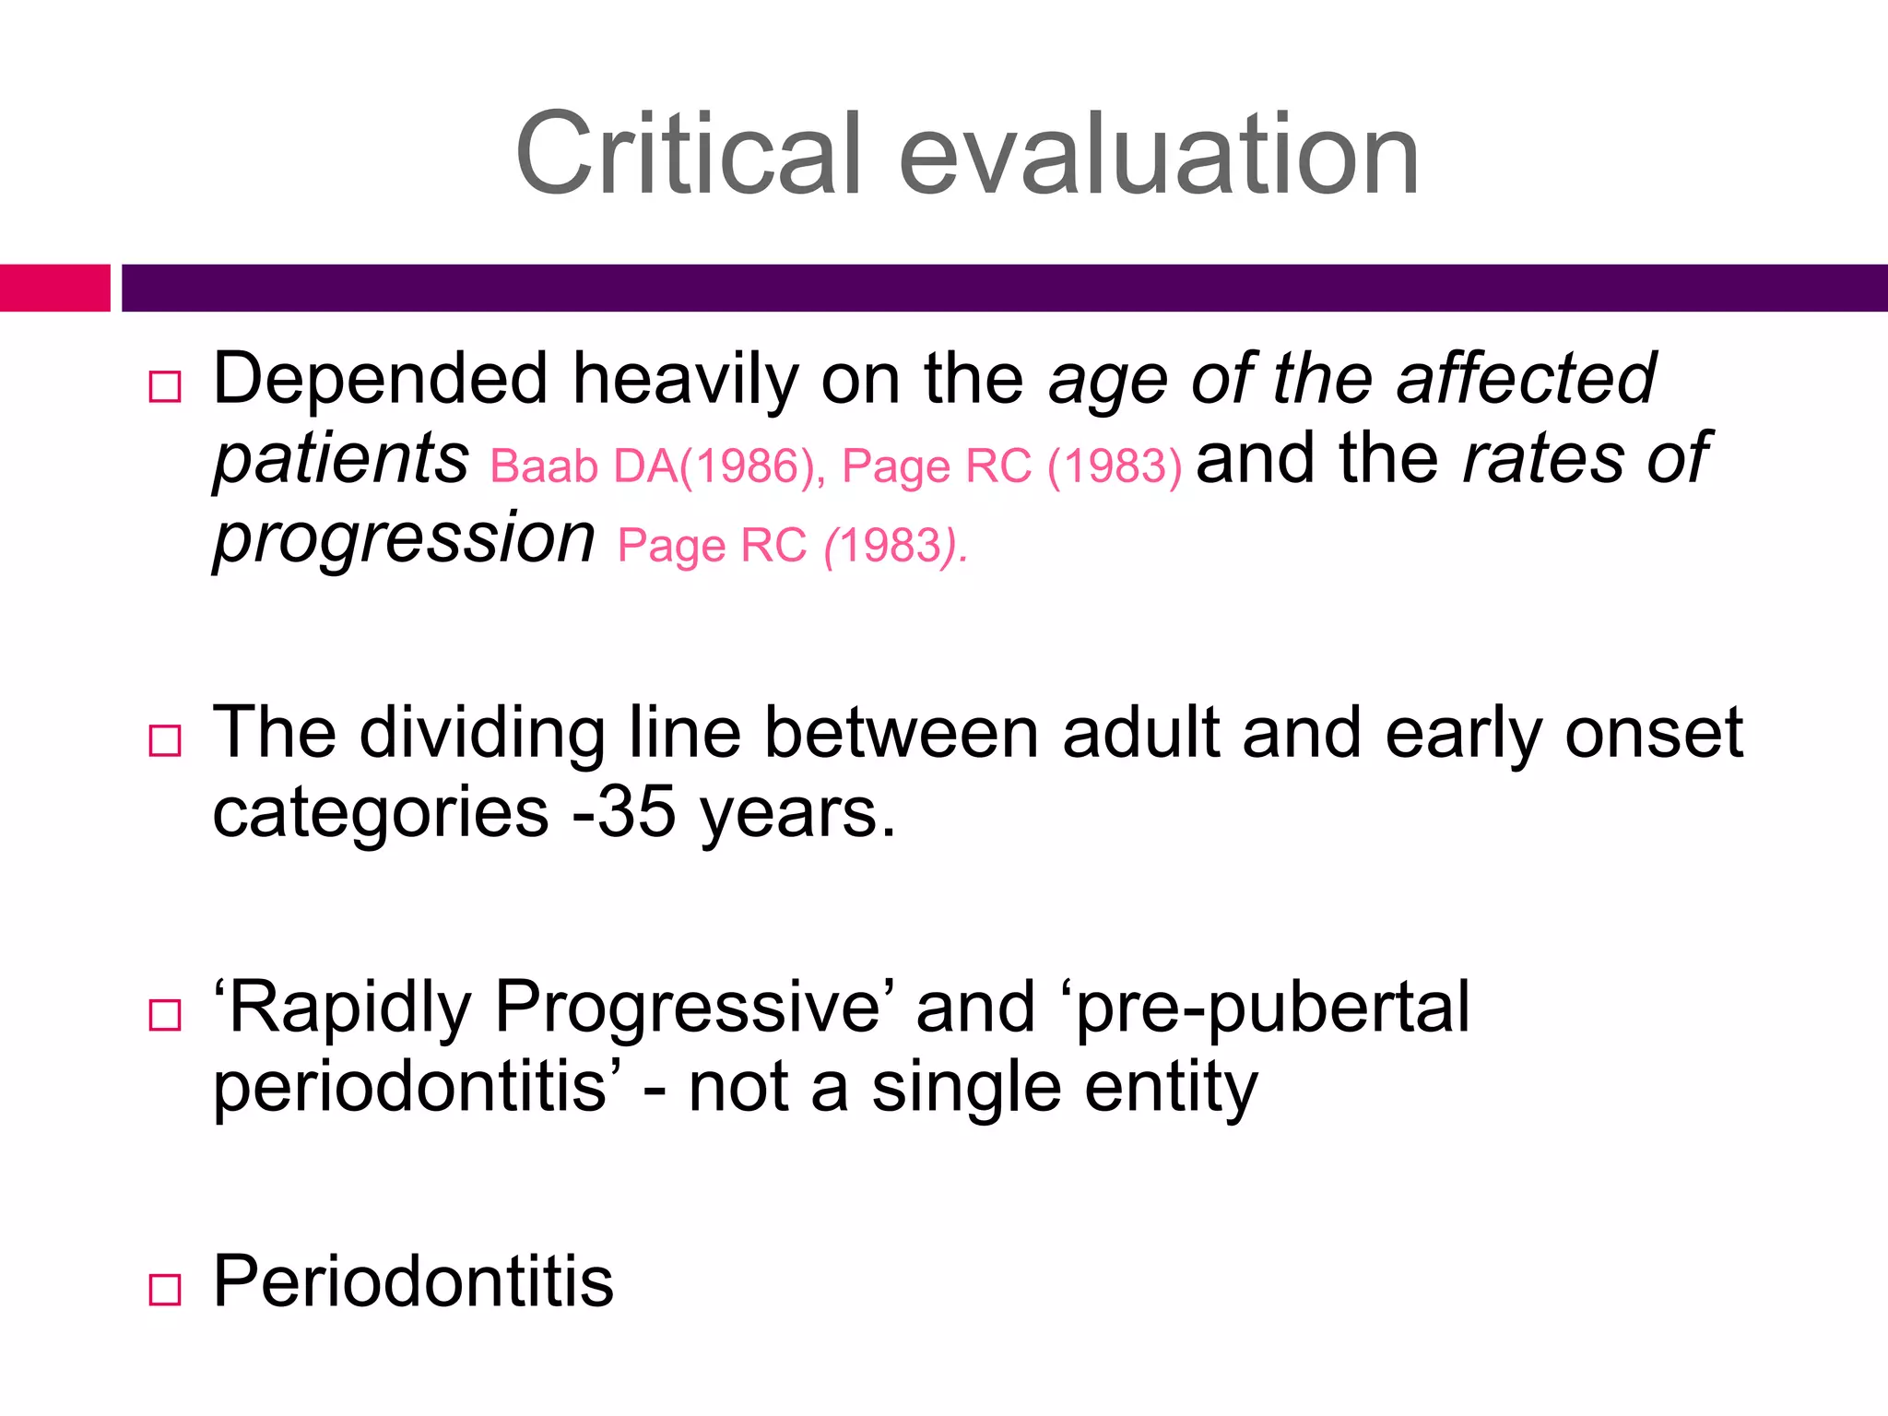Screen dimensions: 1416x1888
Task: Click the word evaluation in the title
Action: pyautogui.click(x=1158, y=155)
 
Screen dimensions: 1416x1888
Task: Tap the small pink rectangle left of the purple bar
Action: pyautogui.click(x=54, y=288)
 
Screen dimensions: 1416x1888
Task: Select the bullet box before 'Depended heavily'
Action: pyautogui.click(x=165, y=387)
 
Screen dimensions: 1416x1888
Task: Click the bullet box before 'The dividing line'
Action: pyautogui.click(x=165, y=740)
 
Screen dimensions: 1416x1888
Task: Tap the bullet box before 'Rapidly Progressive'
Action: pyautogui.click(x=165, y=1015)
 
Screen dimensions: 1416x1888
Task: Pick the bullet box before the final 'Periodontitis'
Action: pyautogui.click(x=165, y=1289)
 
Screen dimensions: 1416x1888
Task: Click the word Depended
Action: pyautogui.click(x=381, y=380)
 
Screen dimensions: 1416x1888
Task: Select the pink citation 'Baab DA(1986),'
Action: pyautogui.click(x=656, y=466)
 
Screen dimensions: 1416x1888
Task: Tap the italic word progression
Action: pyautogui.click(x=405, y=539)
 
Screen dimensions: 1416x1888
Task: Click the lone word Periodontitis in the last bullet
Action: pyautogui.click(x=413, y=1282)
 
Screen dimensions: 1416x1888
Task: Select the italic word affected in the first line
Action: pyautogui.click(x=1526, y=380)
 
